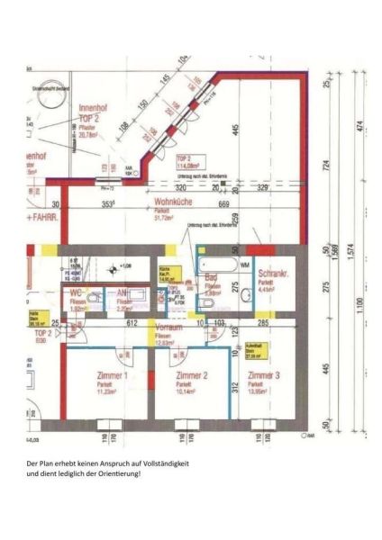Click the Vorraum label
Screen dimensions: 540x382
pyautogui.click(x=169, y=327)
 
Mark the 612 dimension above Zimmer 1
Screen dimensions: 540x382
pyautogui.click(x=132, y=321)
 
